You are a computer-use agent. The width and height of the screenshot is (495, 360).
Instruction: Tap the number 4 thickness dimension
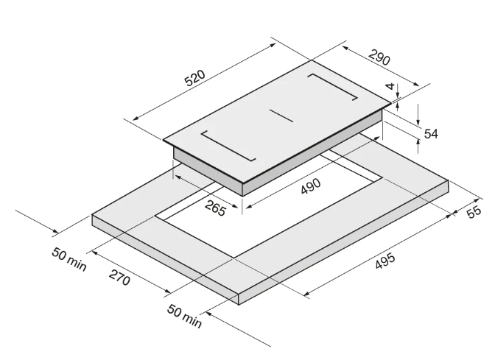pos(390,87)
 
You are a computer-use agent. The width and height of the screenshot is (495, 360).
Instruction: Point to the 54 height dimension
pos(432,133)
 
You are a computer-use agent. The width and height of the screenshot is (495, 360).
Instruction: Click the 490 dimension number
pos(312,188)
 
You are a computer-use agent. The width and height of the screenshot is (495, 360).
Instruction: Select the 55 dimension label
pos(474,212)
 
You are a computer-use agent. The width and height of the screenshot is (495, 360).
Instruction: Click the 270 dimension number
pos(119,279)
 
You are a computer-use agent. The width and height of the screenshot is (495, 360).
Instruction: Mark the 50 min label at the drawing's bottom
pos(183,317)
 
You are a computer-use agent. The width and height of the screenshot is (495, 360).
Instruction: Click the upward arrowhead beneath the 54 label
pos(419,144)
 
